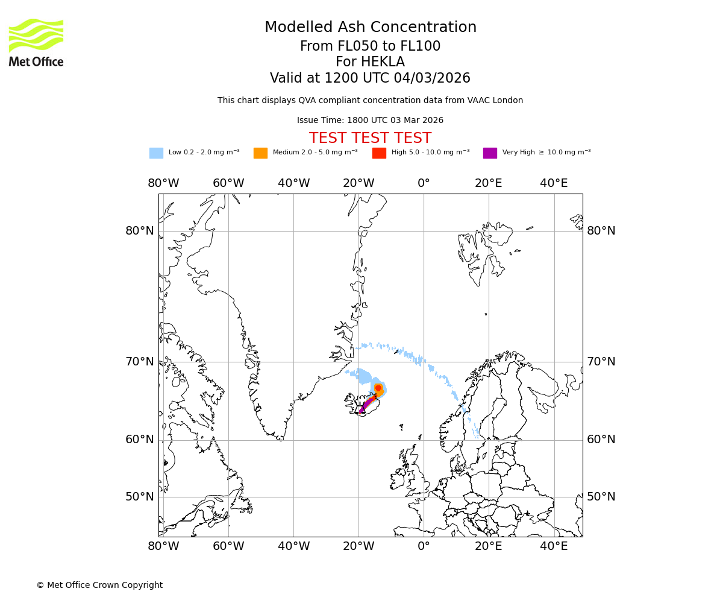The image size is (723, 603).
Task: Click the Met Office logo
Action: click(36, 42)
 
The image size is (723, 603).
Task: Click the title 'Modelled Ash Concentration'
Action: click(370, 28)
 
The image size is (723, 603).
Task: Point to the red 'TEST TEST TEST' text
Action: click(370, 138)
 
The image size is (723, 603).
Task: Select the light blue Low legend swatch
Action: click(156, 153)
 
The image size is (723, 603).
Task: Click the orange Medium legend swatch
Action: click(260, 153)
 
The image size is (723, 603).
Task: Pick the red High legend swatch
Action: click(379, 153)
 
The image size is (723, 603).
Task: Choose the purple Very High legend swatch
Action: click(490, 153)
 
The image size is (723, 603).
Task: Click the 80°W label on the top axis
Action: click(163, 183)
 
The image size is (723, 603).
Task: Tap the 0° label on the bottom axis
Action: click(424, 546)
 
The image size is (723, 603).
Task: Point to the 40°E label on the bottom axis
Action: click(554, 546)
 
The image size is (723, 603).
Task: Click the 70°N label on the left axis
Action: click(140, 362)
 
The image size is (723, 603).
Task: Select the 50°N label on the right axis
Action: click(601, 497)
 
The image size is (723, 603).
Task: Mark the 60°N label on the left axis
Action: click(140, 440)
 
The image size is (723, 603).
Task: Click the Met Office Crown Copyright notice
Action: click(99, 585)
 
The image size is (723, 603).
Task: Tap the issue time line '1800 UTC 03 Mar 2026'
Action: click(395, 121)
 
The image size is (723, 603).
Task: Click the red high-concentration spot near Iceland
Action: click(378, 388)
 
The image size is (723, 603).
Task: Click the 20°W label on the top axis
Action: click(358, 183)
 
